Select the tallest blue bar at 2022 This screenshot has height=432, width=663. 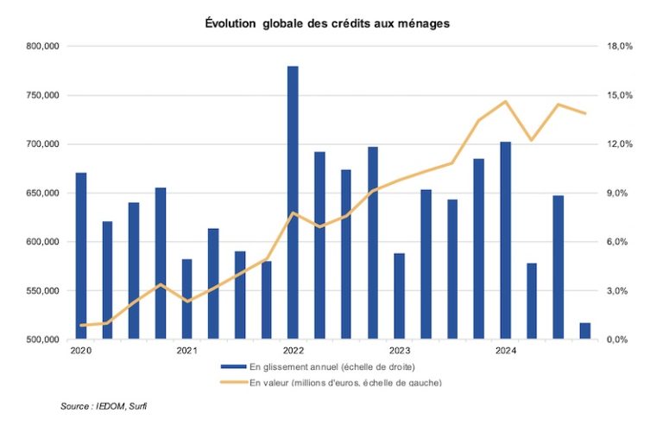click(x=293, y=203)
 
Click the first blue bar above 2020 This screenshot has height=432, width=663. click(x=81, y=256)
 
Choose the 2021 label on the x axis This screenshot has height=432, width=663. click(x=186, y=351)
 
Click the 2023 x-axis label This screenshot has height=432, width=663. click(x=399, y=351)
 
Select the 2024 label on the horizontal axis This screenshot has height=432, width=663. click(x=505, y=351)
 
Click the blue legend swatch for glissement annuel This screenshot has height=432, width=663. click(x=233, y=367)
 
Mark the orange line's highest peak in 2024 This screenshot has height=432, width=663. click(x=506, y=101)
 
